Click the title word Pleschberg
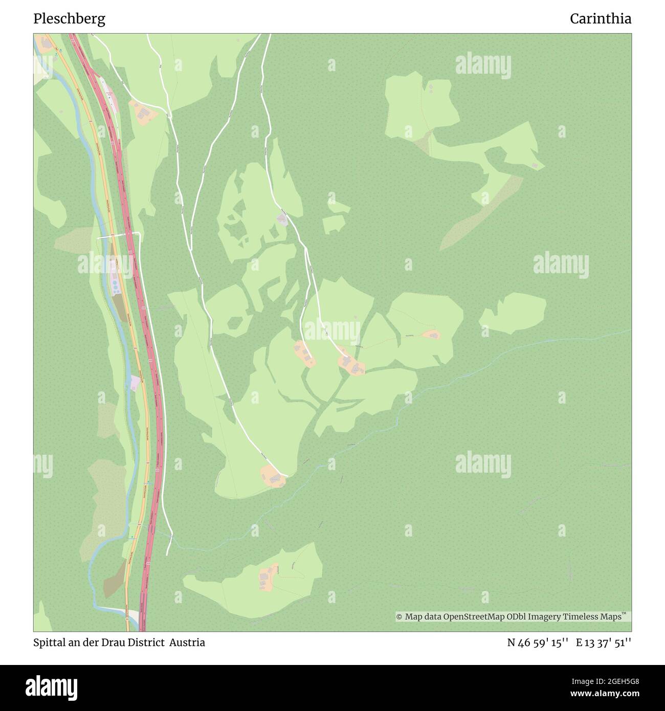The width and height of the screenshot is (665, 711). [69, 19]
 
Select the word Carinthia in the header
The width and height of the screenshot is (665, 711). [601, 19]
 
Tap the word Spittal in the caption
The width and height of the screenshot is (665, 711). [50, 642]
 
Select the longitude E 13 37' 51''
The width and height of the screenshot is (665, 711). [604, 642]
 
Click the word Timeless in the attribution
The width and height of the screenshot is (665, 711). [582, 617]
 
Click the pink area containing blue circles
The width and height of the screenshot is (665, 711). [115, 279]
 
